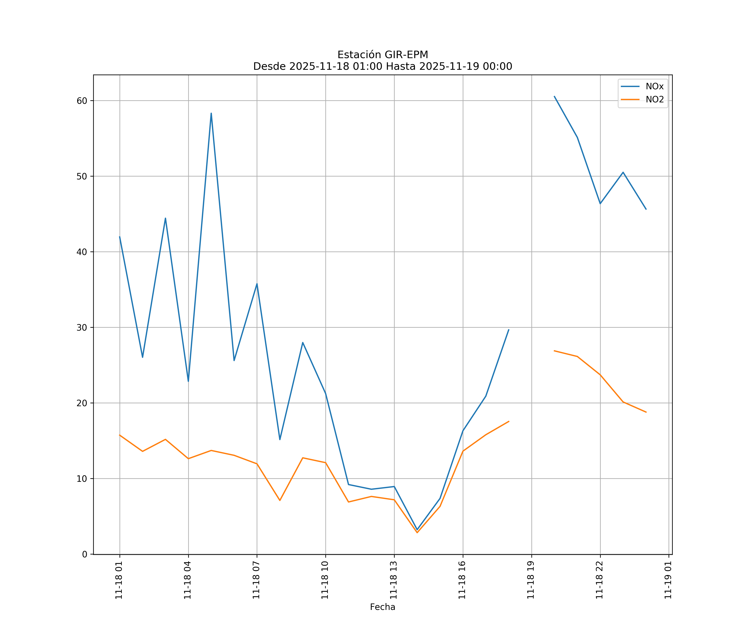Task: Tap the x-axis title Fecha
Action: (x=382, y=607)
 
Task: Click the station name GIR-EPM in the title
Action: (x=406, y=55)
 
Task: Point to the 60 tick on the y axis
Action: (x=82, y=101)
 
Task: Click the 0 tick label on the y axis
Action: (x=85, y=554)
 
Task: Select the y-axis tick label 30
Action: (x=82, y=327)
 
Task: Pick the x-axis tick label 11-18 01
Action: (x=119, y=580)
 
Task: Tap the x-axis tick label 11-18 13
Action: (x=393, y=580)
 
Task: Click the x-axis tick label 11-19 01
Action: (x=668, y=580)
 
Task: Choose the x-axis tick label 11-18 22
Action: (x=599, y=580)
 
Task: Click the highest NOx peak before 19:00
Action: (x=211, y=113)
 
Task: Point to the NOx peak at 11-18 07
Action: (x=257, y=284)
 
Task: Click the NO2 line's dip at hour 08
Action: (x=280, y=500)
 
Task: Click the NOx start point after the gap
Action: (x=554, y=96)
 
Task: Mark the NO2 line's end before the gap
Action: (x=509, y=421)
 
